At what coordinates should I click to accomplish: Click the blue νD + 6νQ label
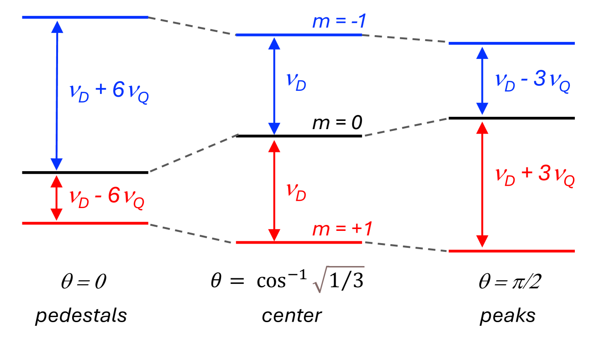[109, 91]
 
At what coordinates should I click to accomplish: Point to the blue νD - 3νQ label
[533, 81]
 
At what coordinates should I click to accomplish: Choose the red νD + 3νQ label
[534, 177]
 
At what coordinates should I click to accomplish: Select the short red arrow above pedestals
[56, 198]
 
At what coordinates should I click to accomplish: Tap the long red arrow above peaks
[482, 185]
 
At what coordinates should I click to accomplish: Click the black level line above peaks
[511, 118]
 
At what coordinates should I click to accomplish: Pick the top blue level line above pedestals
[85, 17]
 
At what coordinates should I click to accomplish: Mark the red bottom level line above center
[299, 242]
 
